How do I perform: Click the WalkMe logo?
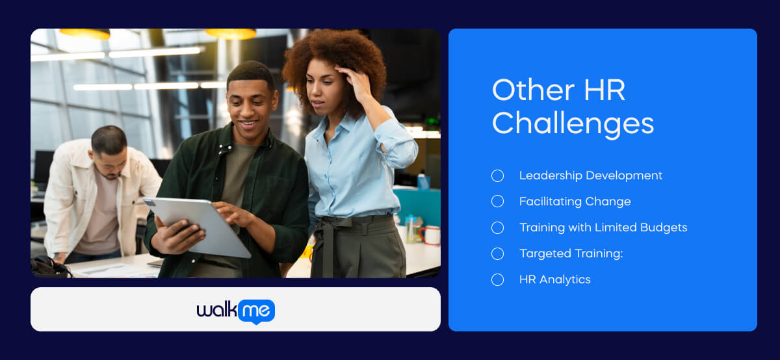[235, 311]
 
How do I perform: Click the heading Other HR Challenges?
[573, 107]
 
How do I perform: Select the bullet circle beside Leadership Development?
[497, 175]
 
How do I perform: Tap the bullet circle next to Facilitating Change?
[497, 201]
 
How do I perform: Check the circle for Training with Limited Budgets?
[497, 227]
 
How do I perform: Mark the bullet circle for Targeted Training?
[497, 253]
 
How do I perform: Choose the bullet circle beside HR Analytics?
[497, 279]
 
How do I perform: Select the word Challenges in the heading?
[573, 123]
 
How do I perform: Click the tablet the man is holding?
[195, 224]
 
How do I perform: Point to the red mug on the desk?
[430, 235]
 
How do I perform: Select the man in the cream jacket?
[97, 195]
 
